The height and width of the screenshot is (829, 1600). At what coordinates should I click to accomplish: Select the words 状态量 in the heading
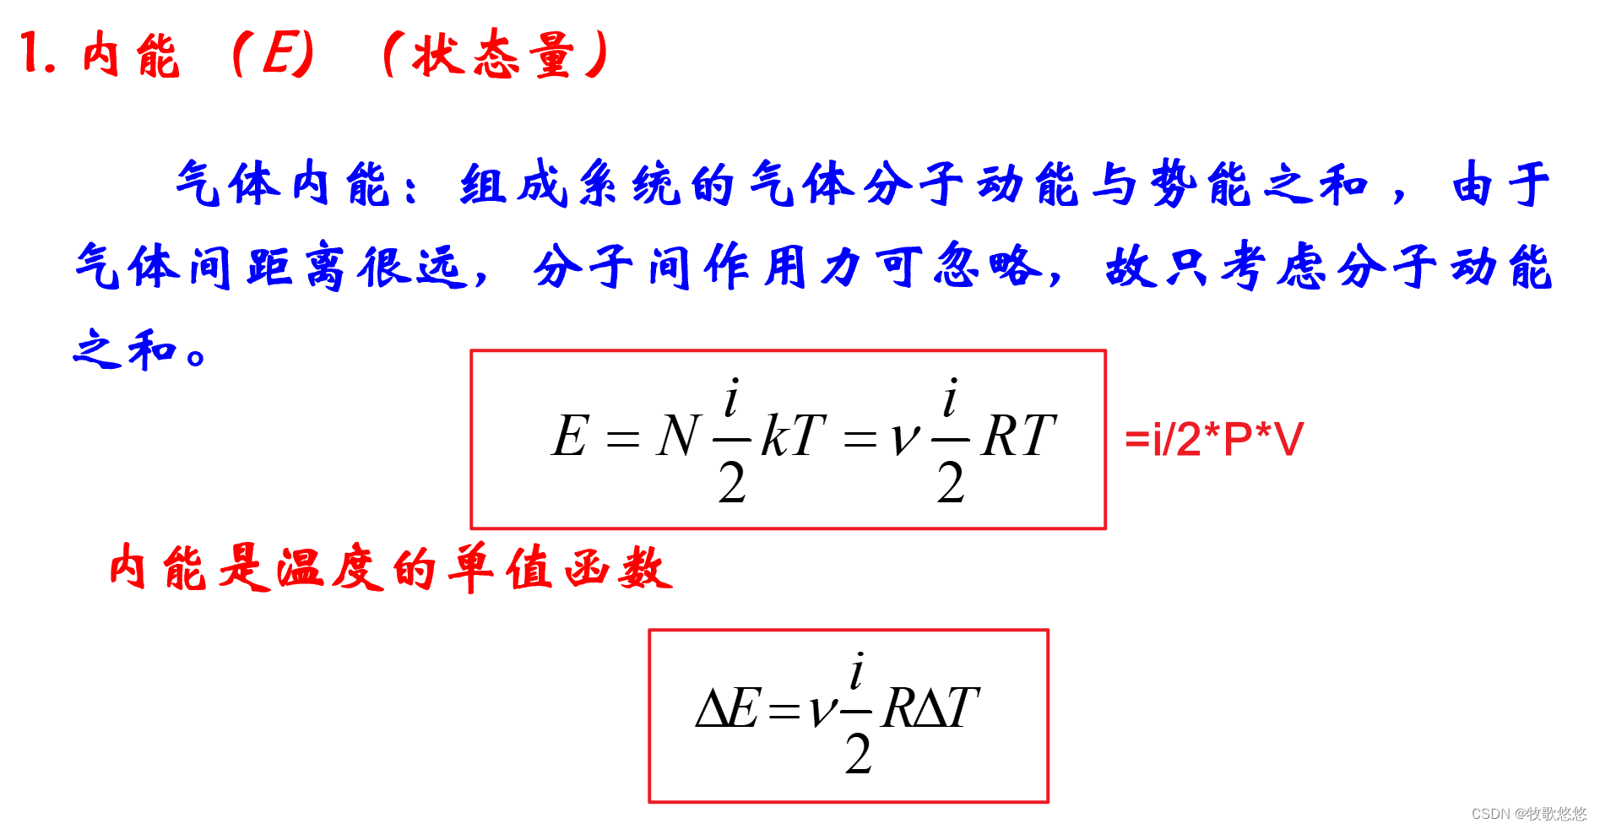[x=494, y=55]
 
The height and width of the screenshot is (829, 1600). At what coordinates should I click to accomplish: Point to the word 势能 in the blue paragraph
[x=1200, y=183]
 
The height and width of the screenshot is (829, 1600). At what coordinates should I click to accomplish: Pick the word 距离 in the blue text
[x=295, y=267]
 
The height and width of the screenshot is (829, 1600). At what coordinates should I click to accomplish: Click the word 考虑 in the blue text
[x=1276, y=267]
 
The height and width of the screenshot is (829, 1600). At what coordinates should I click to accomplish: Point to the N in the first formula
[x=678, y=436]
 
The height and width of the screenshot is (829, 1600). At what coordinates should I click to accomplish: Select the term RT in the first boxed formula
[x=1018, y=436]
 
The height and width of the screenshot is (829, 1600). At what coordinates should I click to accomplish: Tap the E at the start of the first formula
[x=570, y=436]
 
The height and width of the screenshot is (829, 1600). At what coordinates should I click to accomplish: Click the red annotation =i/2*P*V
[x=1214, y=439]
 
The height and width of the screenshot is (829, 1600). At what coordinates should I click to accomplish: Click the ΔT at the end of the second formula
[x=946, y=707]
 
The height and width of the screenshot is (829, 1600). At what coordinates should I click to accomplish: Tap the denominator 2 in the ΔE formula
[x=858, y=754]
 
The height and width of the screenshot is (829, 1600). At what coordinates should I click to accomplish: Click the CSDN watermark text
[x=1528, y=813]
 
